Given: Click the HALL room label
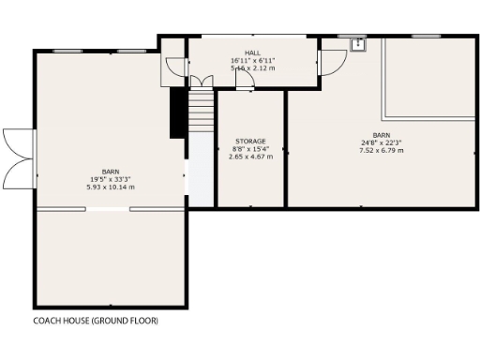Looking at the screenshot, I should [252, 52].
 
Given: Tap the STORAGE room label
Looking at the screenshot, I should [250, 141].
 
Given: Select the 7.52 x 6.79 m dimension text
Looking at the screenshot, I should [382, 150].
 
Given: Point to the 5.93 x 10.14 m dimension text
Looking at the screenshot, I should [111, 187].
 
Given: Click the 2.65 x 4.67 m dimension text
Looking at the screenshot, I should [250, 157].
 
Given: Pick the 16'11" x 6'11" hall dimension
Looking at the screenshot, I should [252, 60].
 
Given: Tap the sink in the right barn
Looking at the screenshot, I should [357, 43].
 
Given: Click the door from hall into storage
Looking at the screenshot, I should [244, 84].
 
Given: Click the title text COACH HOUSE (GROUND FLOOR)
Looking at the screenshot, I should [96, 321].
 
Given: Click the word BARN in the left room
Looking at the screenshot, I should [111, 172].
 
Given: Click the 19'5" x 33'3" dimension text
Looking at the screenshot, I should [111, 179].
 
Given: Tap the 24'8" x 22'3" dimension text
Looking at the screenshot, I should [382, 142].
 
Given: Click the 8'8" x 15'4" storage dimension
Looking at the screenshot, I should [250, 149].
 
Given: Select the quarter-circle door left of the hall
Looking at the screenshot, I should [173, 65].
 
